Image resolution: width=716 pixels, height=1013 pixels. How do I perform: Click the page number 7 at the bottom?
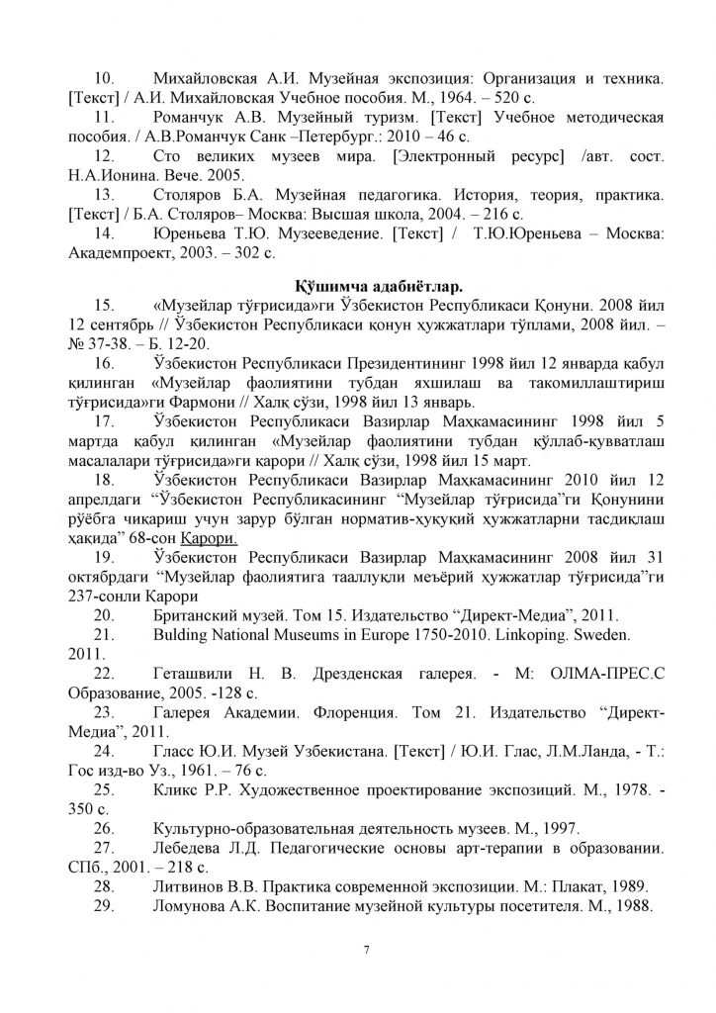(x=366, y=952)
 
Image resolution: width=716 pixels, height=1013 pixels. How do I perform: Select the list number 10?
(x=105, y=76)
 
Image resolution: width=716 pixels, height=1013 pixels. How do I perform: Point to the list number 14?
(x=105, y=234)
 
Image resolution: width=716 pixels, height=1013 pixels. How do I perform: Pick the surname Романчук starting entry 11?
(x=192, y=117)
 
